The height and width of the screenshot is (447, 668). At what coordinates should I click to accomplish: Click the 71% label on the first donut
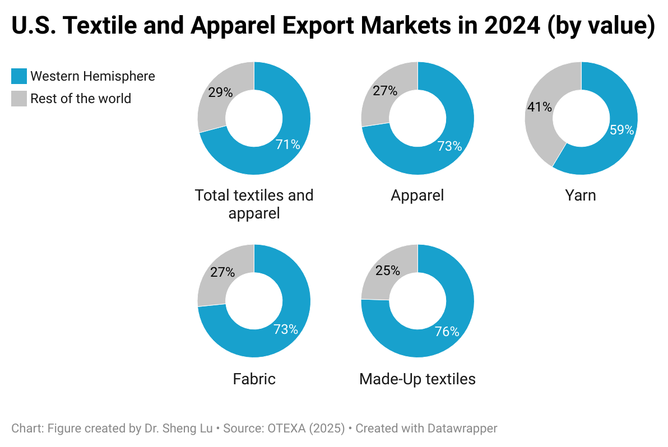[288, 145]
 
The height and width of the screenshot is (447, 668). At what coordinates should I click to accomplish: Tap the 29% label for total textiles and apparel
[220, 92]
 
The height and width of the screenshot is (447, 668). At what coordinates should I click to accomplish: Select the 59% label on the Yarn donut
[621, 130]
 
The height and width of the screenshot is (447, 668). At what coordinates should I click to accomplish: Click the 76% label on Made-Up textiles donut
[447, 332]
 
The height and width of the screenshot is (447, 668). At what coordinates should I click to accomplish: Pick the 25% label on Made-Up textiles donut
[388, 271]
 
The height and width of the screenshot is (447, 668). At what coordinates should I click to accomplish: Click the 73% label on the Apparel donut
[449, 146]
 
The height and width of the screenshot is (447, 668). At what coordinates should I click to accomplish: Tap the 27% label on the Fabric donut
[222, 272]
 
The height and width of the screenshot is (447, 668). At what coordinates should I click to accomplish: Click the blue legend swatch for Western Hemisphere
[19, 76]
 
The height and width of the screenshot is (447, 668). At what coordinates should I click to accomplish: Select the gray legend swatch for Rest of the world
[19, 99]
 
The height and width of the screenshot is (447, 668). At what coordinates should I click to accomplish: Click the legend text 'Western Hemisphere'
[92, 76]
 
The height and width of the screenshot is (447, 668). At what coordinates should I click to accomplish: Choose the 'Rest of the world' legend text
[81, 99]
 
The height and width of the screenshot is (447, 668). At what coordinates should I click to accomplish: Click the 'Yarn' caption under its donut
[581, 195]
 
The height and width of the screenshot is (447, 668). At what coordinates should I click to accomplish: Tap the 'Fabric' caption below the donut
[254, 379]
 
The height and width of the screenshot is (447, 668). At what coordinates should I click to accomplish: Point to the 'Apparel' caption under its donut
[417, 195]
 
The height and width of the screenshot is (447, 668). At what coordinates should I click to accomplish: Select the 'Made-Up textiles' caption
[417, 379]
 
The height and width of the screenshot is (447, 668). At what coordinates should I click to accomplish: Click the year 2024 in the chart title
[504, 27]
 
